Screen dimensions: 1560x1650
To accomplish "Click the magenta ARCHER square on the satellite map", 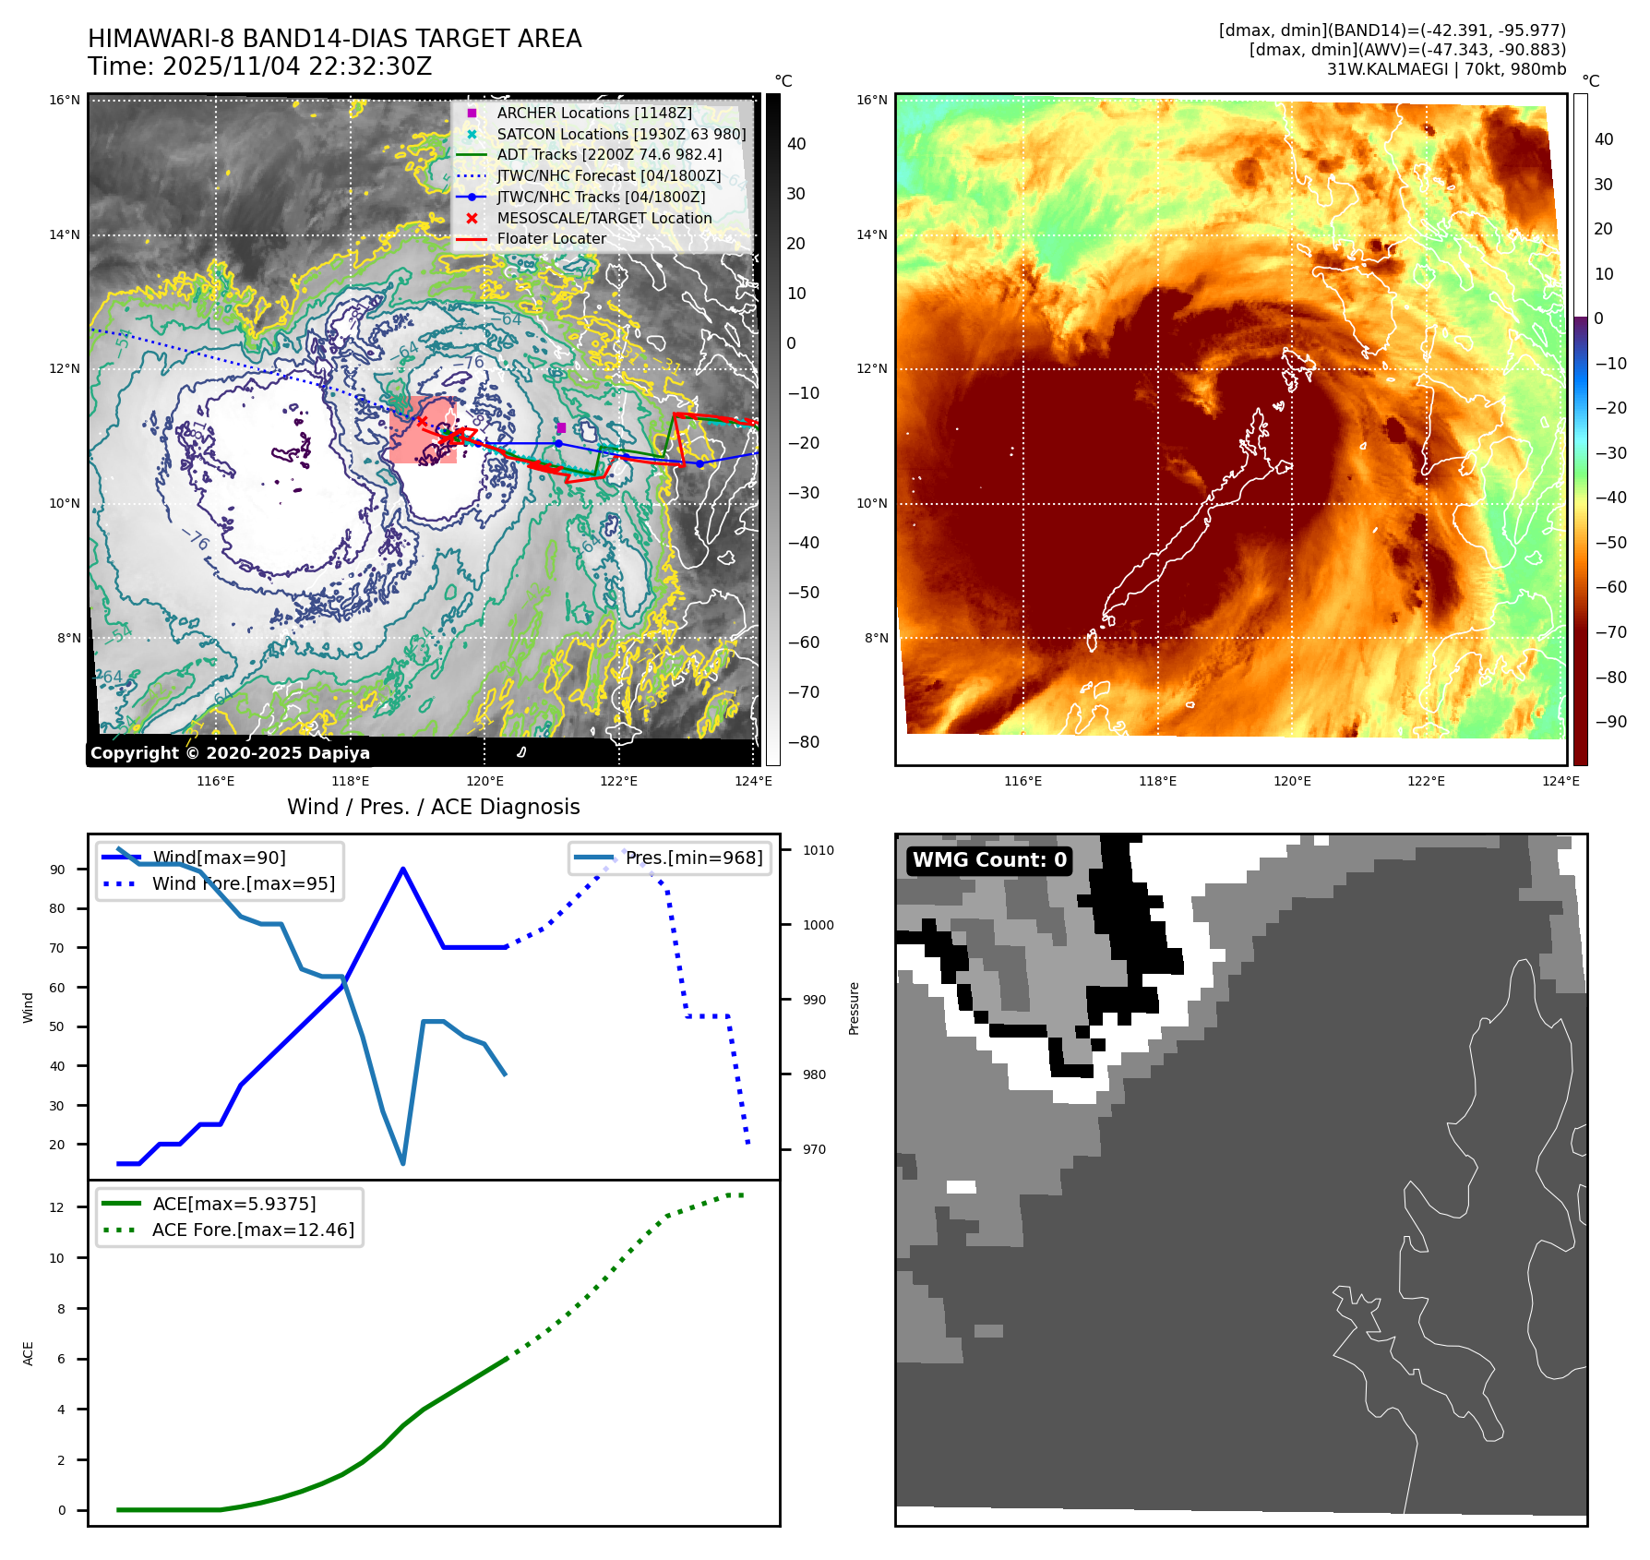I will tap(561, 427).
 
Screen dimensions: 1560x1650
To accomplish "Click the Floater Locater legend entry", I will tap(551, 238).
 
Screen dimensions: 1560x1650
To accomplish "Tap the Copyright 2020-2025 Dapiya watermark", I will tap(230, 752).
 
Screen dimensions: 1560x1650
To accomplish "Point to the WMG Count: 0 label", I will tap(989, 860).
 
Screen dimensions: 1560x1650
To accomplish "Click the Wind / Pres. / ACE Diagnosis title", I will tap(433, 807).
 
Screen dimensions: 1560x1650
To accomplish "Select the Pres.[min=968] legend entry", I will tap(693, 858).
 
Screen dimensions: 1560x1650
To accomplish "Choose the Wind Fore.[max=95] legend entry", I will tap(243, 883).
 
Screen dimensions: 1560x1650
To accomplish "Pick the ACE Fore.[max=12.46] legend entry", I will tap(252, 1230).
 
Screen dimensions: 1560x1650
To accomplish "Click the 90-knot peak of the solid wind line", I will tap(403, 869).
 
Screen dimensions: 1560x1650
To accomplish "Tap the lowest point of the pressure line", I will tap(403, 1163).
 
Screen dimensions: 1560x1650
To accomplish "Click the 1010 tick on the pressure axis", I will tap(818, 850).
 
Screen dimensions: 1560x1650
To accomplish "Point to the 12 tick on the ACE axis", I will tap(57, 1207).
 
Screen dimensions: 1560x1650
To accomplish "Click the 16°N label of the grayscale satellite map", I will tap(65, 100).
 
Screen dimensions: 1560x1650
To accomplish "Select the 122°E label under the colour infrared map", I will tap(1426, 781).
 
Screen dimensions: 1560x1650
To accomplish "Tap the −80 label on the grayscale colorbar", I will tap(803, 741).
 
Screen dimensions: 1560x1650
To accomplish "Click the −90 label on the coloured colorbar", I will tap(1610, 722).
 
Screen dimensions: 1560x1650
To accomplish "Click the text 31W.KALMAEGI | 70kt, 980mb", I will tap(1446, 69).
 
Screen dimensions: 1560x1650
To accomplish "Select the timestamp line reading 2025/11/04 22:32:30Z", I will tap(259, 66).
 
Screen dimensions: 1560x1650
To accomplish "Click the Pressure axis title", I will tap(854, 1008).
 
